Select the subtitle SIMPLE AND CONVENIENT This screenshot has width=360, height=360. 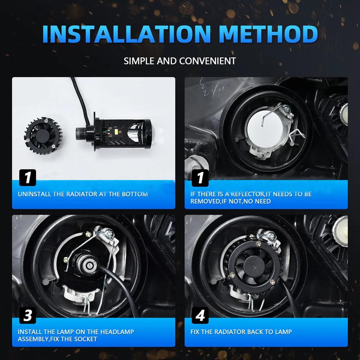(x=180, y=60)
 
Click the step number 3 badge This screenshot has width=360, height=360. (x=28, y=316)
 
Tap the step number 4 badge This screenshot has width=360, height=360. (x=200, y=316)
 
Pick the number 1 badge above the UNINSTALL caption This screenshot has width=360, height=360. (x=28, y=178)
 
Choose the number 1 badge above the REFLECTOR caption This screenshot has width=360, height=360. (x=200, y=178)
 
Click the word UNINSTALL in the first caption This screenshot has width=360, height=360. (x=35, y=194)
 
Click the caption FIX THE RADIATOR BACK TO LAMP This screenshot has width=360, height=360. (x=241, y=332)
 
